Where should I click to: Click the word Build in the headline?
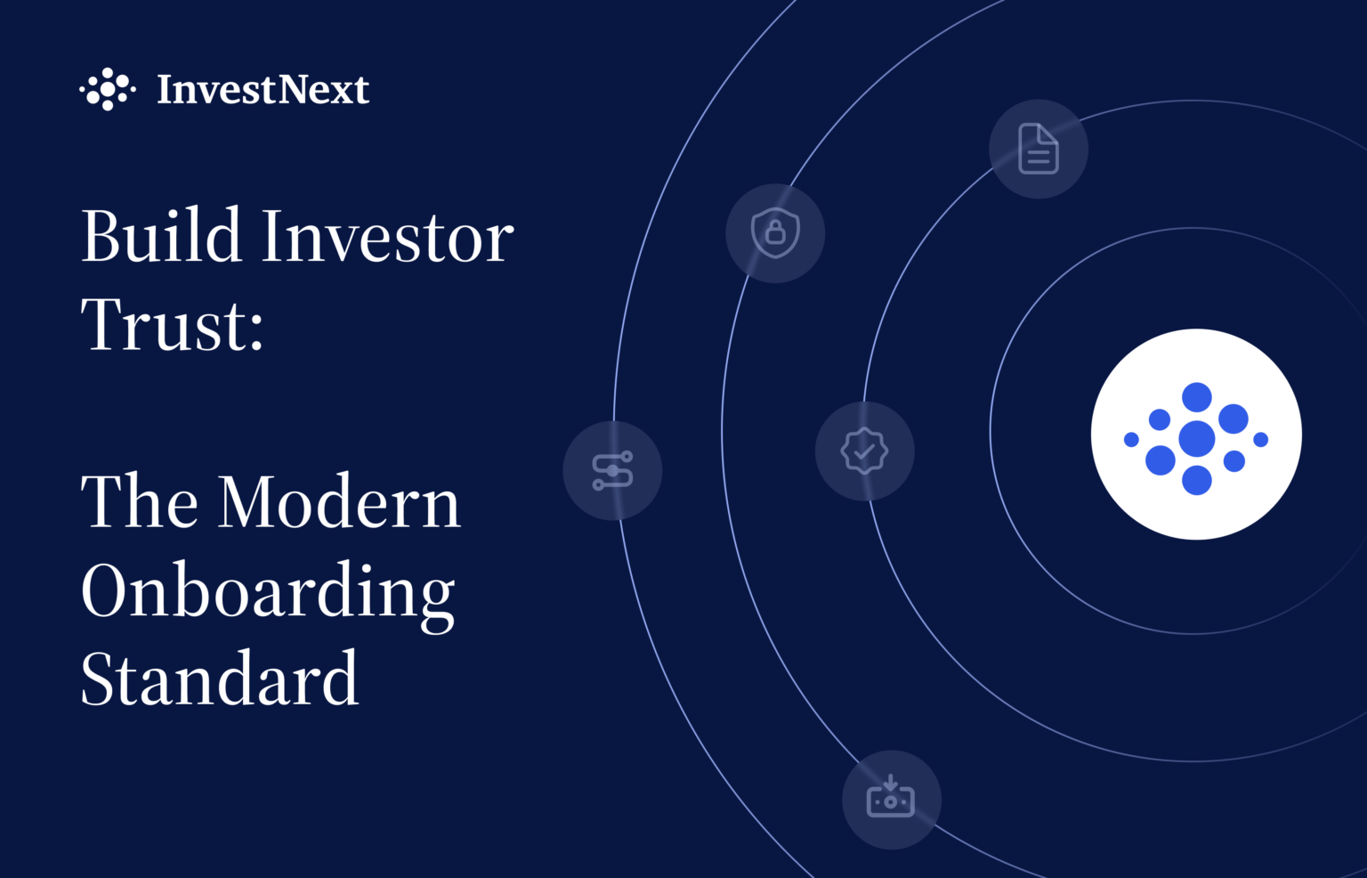click(x=161, y=236)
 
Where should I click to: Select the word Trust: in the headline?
click(x=173, y=325)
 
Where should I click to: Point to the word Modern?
click(x=339, y=502)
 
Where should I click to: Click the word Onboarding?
click(x=268, y=592)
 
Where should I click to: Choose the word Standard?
click(x=220, y=679)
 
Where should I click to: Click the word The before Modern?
click(x=139, y=502)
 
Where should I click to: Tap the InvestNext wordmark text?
click(x=263, y=89)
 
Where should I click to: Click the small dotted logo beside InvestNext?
click(x=108, y=89)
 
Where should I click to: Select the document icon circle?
click(x=1039, y=149)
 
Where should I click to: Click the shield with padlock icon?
click(x=775, y=233)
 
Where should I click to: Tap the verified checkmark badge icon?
click(x=864, y=451)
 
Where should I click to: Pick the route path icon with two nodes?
click(x=612, y=470)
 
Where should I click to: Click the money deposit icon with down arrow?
click(x=891, y=799)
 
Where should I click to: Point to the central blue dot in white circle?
click(x=1196, y=438)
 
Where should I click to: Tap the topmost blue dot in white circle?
click(x=1196, y=397)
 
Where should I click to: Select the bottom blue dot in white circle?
click(x=1196, y=480)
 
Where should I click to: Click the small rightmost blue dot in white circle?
click(x=1260, y=439)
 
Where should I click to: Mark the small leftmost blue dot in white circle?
click(x=1131, y=439)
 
